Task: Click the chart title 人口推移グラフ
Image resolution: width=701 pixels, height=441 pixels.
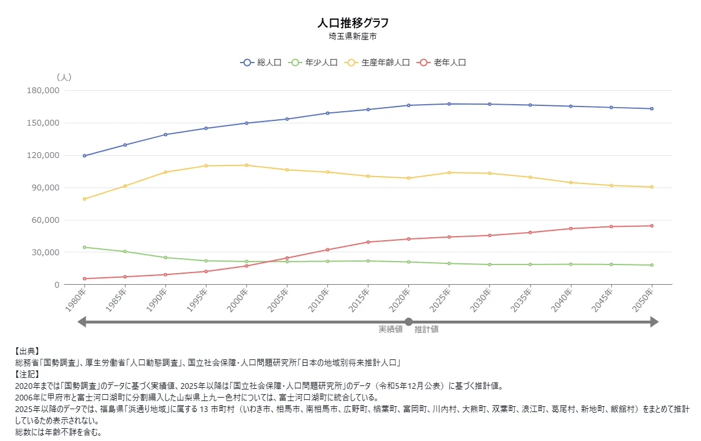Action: tap(353, 23)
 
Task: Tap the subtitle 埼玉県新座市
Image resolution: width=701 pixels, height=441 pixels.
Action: tap(353, 36)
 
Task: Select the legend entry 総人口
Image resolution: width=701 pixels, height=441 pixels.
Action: tap(261, 63)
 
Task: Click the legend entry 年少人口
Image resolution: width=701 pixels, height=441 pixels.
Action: tap(313, 63)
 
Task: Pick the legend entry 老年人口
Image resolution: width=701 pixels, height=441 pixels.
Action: tap(442, 63)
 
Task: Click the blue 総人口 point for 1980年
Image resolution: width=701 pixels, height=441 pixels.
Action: tap(84, 156)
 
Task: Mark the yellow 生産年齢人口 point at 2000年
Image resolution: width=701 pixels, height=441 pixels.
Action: tap(246, 166)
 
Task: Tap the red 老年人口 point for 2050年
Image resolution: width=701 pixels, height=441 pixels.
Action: tap(652, 226)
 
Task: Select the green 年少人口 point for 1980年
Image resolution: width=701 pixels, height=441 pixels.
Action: tap(84, 247)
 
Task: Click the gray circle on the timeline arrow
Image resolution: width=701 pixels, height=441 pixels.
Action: tap(408, 322)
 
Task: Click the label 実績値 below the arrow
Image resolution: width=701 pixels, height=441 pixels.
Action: tap(390, 329)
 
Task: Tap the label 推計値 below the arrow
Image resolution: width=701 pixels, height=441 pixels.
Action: tap(426, 329)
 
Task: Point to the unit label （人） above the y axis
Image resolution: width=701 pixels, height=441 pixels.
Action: tap(64, 77)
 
